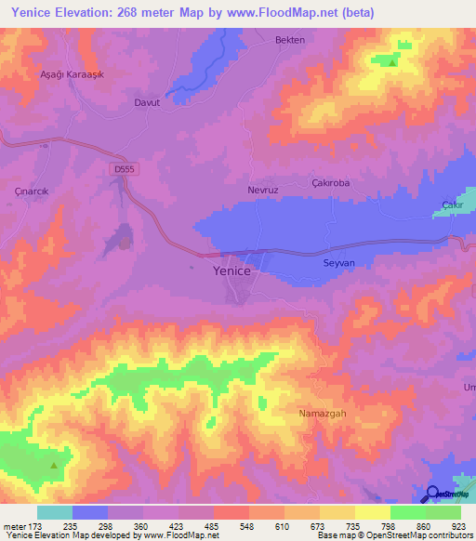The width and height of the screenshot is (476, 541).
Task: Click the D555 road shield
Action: pos(119,169)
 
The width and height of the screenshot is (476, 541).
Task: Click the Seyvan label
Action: pos(338,263)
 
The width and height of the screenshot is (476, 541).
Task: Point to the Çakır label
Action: pos(452,205)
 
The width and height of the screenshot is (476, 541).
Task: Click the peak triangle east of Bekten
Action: pos(393,63)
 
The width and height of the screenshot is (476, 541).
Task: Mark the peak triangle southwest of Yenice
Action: pos(54,465)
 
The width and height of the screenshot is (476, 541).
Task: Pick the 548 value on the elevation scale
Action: pos(247,525)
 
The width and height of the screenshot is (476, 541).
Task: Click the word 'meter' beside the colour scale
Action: pos(13,525)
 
